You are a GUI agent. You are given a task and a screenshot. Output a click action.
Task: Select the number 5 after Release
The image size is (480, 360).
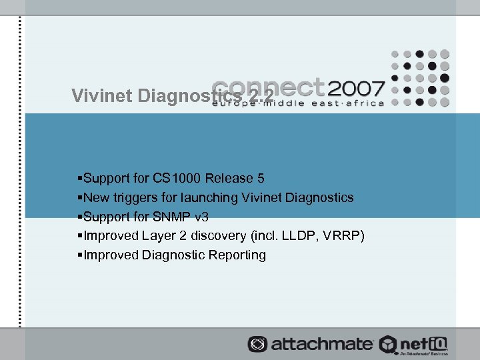(261, 179)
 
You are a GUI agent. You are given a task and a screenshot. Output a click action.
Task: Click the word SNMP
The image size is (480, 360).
(172, 217)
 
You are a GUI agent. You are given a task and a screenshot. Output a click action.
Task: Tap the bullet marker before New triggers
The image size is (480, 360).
(80, 198)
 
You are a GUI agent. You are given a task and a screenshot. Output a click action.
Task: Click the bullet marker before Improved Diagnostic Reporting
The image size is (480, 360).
(80, 255)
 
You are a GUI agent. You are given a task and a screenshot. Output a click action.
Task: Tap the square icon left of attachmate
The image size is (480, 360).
(256, 344)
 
